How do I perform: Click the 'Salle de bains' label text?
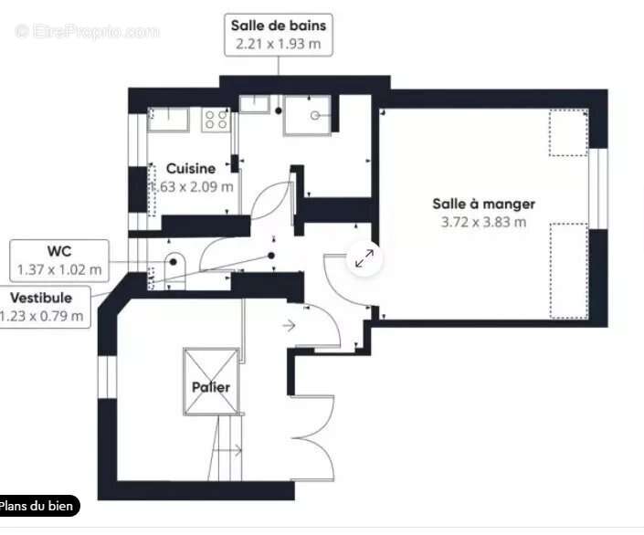click(278, 26)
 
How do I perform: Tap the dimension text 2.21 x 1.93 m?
click(278, 44)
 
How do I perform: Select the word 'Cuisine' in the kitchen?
click(191, 168)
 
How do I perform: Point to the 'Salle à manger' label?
click(483, 204)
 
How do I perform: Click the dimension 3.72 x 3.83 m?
click(483, 222)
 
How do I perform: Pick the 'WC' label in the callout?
click(59, 251)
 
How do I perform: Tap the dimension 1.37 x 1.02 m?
click(59, 269)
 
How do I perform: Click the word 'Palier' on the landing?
click(211, 387)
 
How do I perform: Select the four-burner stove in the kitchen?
click(216, 119)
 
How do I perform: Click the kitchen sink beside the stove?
click(169, 119)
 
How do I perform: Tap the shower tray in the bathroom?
click(307, 116)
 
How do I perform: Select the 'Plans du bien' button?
click(39, 506)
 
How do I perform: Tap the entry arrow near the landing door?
click(290, 325)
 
